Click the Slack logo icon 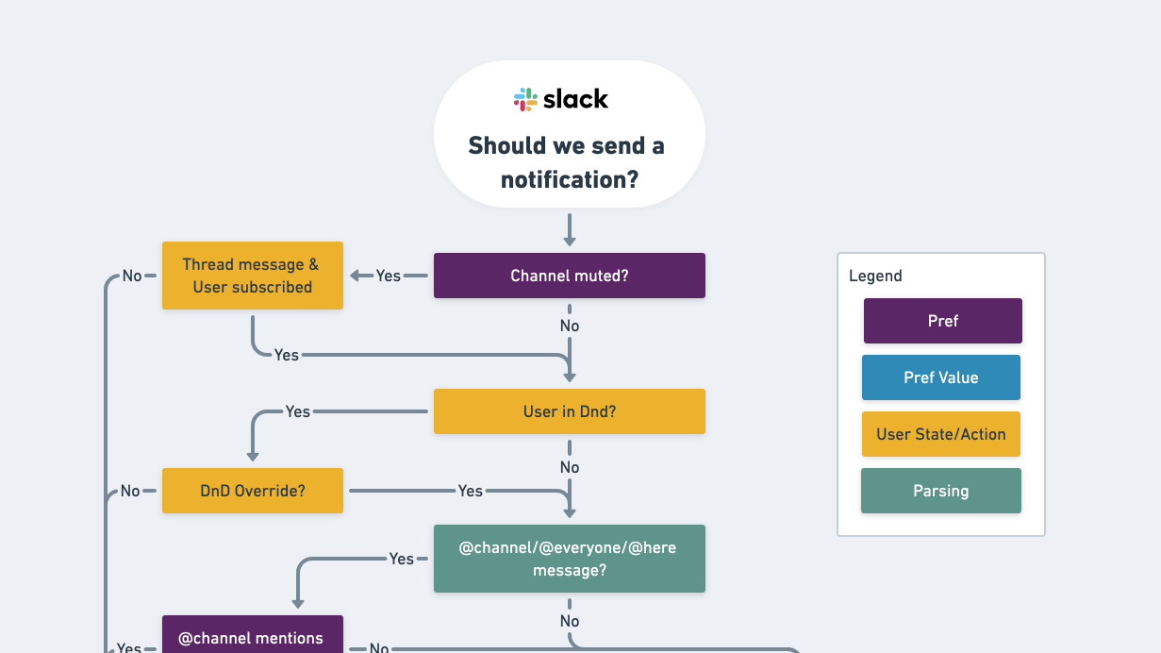click(x=525, y=99)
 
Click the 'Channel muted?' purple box click(x=569, y=276)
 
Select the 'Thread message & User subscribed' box click(x=252, y=276)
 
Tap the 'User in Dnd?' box click(x=569, y=411)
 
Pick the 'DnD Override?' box click(x=252, y=491)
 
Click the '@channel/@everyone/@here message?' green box click(x=569, y=559)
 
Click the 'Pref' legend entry click(x=942, y=321)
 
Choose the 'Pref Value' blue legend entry click(x=940, y=377)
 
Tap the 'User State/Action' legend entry click(x=940, y=434)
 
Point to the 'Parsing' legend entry click(x=940, y=491)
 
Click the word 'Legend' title click(x=875, y=276)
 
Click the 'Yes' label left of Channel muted click(x=389, y=276)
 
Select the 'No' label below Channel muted click(x=570, y=326)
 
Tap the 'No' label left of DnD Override click(x=130, y=491)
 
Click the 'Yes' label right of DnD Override click(x=470, y=491)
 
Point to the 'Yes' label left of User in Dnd click(x=298, y=411)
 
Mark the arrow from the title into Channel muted click(x=570, y=230)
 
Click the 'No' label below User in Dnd click(x=570, y=467)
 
